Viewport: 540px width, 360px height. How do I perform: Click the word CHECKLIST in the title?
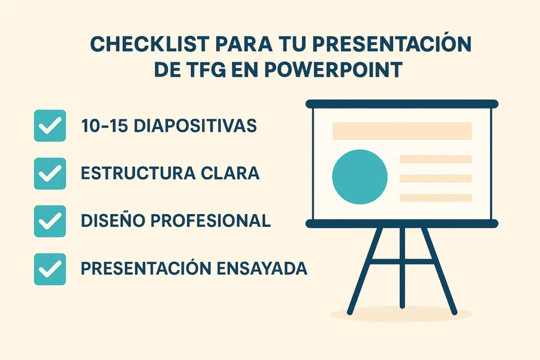pyautogui.click(x=150, y=44)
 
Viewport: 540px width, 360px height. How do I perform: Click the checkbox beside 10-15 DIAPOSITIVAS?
pyautogui.click(x=50, y=125)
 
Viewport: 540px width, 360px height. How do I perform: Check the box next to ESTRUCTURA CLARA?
pyautogui.click(x=50, y=173)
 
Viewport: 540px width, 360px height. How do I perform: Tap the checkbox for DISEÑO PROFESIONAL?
pyautogui.click(x=50, y=221)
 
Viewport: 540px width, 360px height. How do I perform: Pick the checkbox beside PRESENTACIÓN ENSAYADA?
pyautogui.click(x=50, y=269)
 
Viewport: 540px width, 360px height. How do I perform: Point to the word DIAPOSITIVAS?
pyautogui.click(x=195, y=125)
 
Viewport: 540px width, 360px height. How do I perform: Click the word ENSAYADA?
pyautogui.click(x=262, y=268)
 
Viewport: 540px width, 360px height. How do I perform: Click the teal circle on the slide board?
pyautogui.click(x=360, y=177)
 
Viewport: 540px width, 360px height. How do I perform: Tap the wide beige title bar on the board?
pyautogui.click(x=402, y=131)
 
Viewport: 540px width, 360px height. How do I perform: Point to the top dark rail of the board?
pyautogui.click(x=402, y=104)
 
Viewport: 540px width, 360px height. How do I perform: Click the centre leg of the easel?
pyautogui.click(x=402, y=267)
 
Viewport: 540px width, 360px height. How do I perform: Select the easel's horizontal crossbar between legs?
pyautogui.click(x=402, y=261)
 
